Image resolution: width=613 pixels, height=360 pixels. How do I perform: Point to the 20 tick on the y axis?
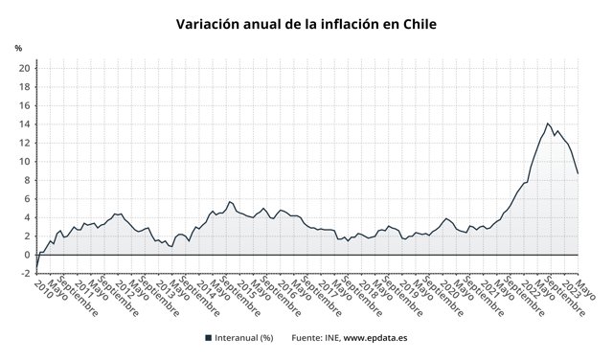[23, 68]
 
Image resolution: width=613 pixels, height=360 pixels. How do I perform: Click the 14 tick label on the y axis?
[23, 124]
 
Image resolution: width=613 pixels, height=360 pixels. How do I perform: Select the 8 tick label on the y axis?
[26, 180]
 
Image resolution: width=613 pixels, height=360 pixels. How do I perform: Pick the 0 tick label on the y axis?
[26, 255]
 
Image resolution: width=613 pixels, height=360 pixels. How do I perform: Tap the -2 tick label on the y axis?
[24, 273]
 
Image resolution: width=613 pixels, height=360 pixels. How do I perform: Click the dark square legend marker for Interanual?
[208, 337]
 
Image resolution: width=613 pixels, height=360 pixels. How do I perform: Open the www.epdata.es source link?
[376, 337]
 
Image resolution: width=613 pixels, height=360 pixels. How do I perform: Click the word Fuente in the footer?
[307, 337]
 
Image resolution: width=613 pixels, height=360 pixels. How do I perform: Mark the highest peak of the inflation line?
[547, 123]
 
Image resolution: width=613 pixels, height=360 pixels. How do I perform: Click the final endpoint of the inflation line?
[578, 173]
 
